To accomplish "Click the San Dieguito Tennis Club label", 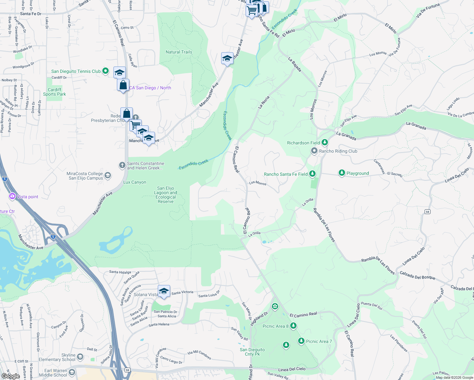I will click(x=76, y=72).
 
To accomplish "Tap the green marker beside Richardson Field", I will click(x=324, y=142).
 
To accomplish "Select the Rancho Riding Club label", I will click(x=338, y=151).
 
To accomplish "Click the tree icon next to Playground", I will click(x=342, y=173).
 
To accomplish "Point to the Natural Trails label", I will click(x=179, y=52).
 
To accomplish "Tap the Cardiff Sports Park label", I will click(x=54, y=92).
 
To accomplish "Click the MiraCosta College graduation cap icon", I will click(x=108, y=175).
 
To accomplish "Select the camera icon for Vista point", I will click(x=12, y=196).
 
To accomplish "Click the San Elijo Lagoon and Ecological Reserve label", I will click(x=165, y=195).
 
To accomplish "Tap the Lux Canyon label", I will click(x=135, y=182).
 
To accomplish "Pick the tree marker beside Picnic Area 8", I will click(x=293, y=326).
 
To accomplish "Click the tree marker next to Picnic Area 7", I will click(x=301, y=341).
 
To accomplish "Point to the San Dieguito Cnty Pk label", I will click(x=252, y=352).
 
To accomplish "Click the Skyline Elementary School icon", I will click(x=80, y=357).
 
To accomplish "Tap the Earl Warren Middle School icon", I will click(x=72, y=372).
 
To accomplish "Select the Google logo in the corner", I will click(x=10, y=376).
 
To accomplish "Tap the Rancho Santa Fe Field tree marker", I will click(x=312, y=174).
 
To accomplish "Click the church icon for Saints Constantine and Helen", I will click(x=122, y=165).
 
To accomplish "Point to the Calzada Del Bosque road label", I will click(x=417, y=275).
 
